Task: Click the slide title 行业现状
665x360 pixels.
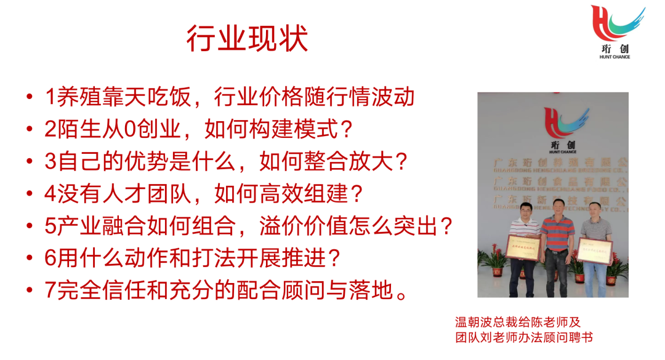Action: [247, 38]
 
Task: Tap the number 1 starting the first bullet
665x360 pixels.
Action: [50, 97]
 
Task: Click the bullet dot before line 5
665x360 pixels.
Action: [30, 226]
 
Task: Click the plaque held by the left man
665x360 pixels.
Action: [523, 247]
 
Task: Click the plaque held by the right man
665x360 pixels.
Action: [596, 249]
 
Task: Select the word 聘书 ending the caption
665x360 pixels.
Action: [579, 337]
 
